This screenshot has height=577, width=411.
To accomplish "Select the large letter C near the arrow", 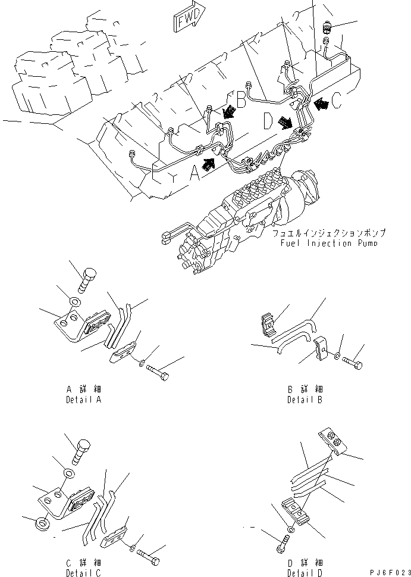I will pyautogui.click(x=337, y=102).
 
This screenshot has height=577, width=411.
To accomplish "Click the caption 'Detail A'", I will pyautogui.click(x=83, y=400).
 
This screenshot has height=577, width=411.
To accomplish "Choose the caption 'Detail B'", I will pyautogui.click(x=305, y=400).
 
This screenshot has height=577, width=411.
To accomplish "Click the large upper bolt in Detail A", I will pyautogui.click(x=86, y=279).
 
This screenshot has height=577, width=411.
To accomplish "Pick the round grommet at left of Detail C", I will pyautogui.click(x=42, y=523).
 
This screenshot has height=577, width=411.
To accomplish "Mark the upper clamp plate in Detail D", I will pyautogui.click(x=331, y=442).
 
